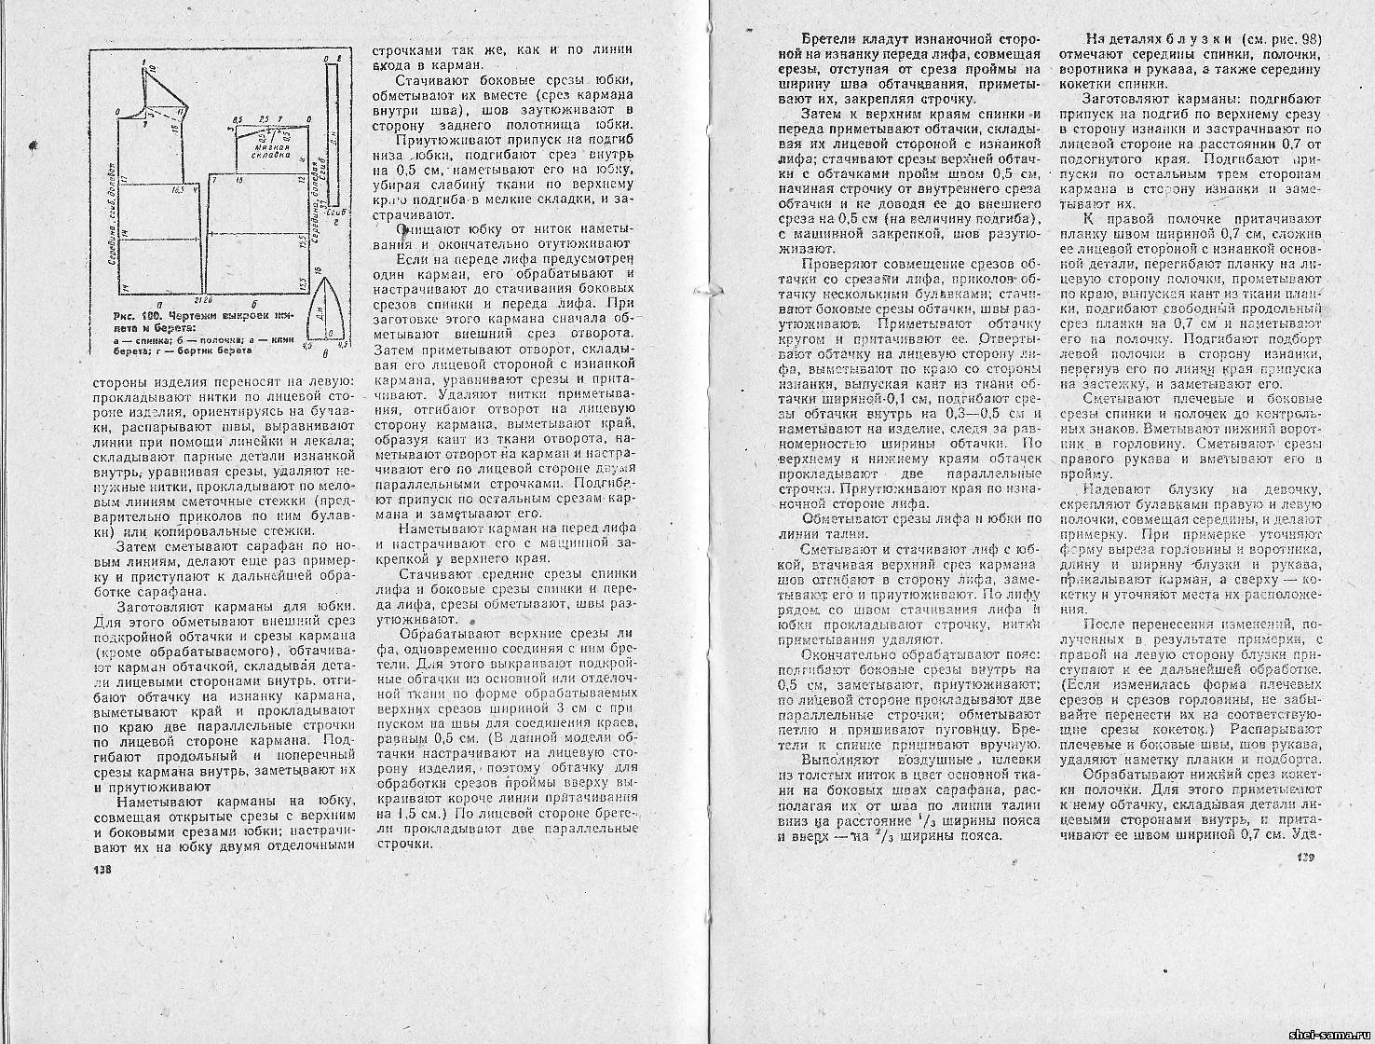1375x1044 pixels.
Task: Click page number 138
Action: click(x=101, y=870)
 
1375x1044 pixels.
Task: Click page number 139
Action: click(x=1300, y=859)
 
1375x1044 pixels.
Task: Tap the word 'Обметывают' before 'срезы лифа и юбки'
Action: click(x=835, y=518)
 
